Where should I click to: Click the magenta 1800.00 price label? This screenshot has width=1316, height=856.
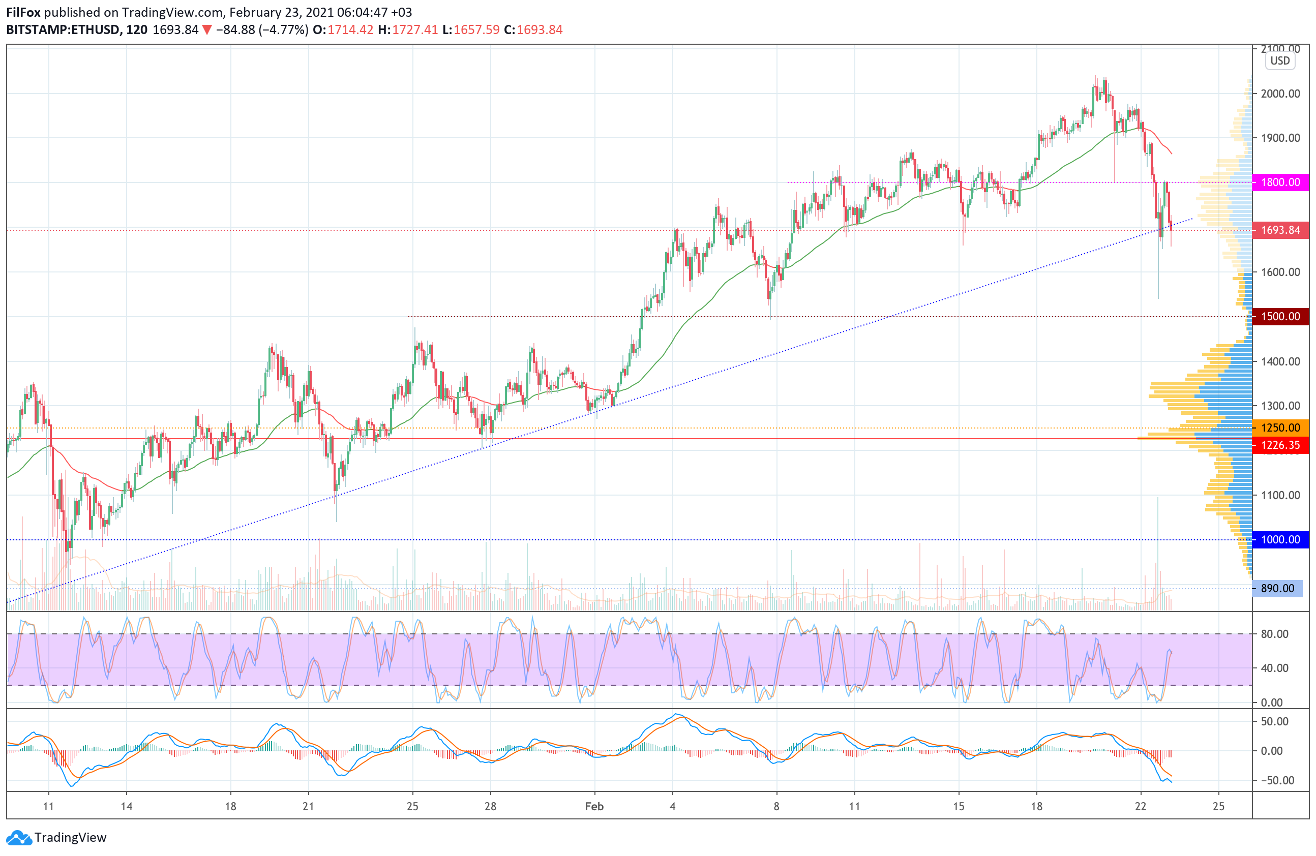pyautogui.click(x=1280, y=182)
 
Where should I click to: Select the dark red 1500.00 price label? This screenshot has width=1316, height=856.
pyautogui.click(x=1280, y=317)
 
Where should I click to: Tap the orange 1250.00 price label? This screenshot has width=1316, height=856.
pyautogui.click(x=1280, y=427)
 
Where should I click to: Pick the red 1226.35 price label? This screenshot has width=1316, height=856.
pyautogui.click(x=1280, y=445)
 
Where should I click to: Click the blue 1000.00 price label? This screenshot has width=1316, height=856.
pyautogui.click(x=1280, y=540)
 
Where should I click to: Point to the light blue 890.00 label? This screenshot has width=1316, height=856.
pyautogui.click(x=1277, y=589)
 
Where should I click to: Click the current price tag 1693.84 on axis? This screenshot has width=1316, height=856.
pyautogui.click(x=1280, y=230)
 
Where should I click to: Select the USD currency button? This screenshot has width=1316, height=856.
pyautogui.click(x=1279, y=61)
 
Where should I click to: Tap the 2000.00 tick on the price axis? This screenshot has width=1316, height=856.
pyautogui.click(x=1280, y=94)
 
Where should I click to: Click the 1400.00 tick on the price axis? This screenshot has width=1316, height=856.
pyautogui.click(x=1280, y=361)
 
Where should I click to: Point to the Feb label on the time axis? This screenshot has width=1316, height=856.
pyautogui.click(x=594, y=806)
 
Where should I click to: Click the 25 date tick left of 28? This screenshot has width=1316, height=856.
pyautogui.click(x=412, y=806)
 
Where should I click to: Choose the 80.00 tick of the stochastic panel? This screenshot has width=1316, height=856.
pyautogui.click(x=1274, y=634)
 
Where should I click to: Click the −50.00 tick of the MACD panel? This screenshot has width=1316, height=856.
pyautogui.click(x=1274, y=780)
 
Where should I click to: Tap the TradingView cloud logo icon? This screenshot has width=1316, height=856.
pyautogui.click(x=19, y=838)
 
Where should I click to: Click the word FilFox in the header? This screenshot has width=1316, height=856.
pyautogui.click(x=23, y=12)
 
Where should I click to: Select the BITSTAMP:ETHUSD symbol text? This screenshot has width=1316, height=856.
pyautogui.click(x=63, y=30)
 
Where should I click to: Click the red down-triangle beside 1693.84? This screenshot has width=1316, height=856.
pyautogui.click(x=206, y=30)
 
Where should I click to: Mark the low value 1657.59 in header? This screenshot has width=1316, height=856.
pyautogui.click(x=476, y=30)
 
